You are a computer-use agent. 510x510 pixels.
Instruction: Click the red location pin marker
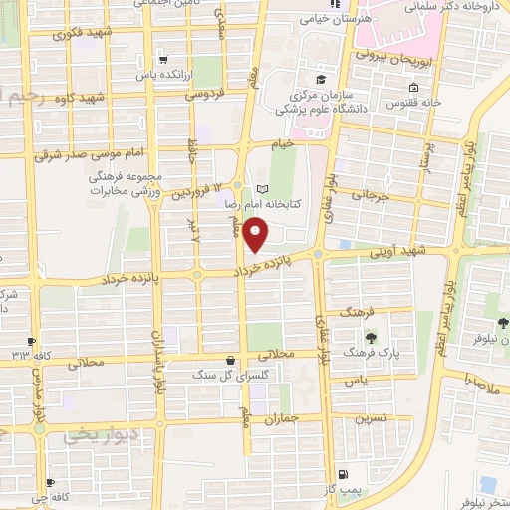[257, 235]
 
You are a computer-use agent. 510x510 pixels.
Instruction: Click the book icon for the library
[263, 189]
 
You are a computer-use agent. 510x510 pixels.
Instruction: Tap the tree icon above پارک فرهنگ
[372, 338]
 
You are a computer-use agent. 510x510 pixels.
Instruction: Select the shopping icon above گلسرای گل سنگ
[231, 359]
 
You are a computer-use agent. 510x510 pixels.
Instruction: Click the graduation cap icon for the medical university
[321, 80]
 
